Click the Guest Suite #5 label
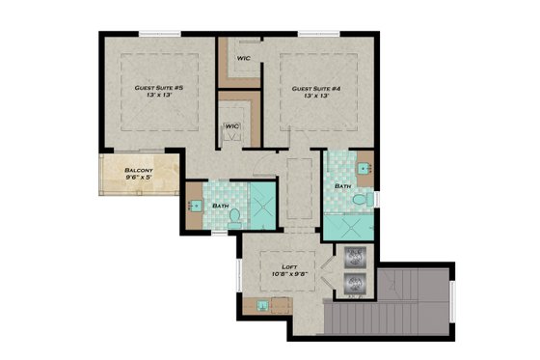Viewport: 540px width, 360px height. pyautogui.click(x=158, y=88)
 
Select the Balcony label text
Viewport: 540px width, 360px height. pyautogui.click(x=138, y=170)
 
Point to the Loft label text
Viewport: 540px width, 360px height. pyautogui.click(x=288, y=265)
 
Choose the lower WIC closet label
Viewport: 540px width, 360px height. pyautogui.click(x=232, y=126)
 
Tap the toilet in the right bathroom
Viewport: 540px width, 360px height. pyautogui.click(x=360, y=199)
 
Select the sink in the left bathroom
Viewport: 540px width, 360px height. pyautogui.click(x=194, y=206)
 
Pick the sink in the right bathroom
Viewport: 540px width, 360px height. pyautogui.click(x=364, y=167)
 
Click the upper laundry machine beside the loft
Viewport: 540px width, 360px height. pyautogui.click(x=355, y=259)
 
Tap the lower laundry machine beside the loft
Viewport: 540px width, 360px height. pyautogui.click(x=355, y=285)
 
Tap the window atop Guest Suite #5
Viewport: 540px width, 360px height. pyautogui.click(x=159, y=36)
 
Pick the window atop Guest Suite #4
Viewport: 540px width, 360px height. pyautogui.click(x=317, y=36)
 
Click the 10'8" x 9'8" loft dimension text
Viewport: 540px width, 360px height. pyautogui.click(x=288, y=274)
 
